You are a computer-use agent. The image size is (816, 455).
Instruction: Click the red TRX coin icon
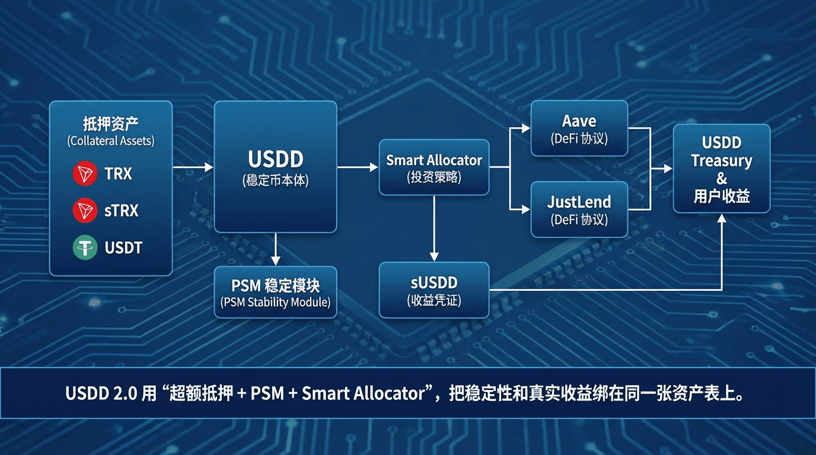coord(85,174)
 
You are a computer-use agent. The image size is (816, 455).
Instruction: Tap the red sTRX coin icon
coord(85,210)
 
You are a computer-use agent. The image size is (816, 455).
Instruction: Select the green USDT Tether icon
coord(85,248)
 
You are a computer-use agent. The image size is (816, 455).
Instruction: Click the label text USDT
coord(123,248)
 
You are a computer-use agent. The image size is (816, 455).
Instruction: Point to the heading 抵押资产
coord(111,124)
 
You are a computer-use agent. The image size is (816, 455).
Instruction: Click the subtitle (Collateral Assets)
coord(111,141)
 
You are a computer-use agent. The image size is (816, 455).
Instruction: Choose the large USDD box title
coord(275,159)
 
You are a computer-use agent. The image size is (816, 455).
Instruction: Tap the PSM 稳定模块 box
coord(275,292)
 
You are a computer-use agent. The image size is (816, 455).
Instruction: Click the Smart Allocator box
coord(434,167)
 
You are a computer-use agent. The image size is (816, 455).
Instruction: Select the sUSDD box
coord(434,290)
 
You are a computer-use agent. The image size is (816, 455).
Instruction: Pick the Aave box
coord(579,128)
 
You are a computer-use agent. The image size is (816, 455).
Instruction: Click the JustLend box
coord(579,209)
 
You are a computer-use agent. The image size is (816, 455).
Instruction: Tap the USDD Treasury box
coord(721,168)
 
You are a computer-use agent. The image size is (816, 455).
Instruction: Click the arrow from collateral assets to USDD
coord(193,168)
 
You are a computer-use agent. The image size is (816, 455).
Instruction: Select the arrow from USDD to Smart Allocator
coord(358,168)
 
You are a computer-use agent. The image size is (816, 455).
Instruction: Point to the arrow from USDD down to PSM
coord(275,249)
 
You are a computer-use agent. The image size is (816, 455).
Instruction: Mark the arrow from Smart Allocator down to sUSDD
coord(434,228)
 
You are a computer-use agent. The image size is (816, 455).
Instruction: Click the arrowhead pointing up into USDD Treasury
coord(722,218)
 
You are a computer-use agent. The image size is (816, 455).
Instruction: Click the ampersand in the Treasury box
coord(722,178)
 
